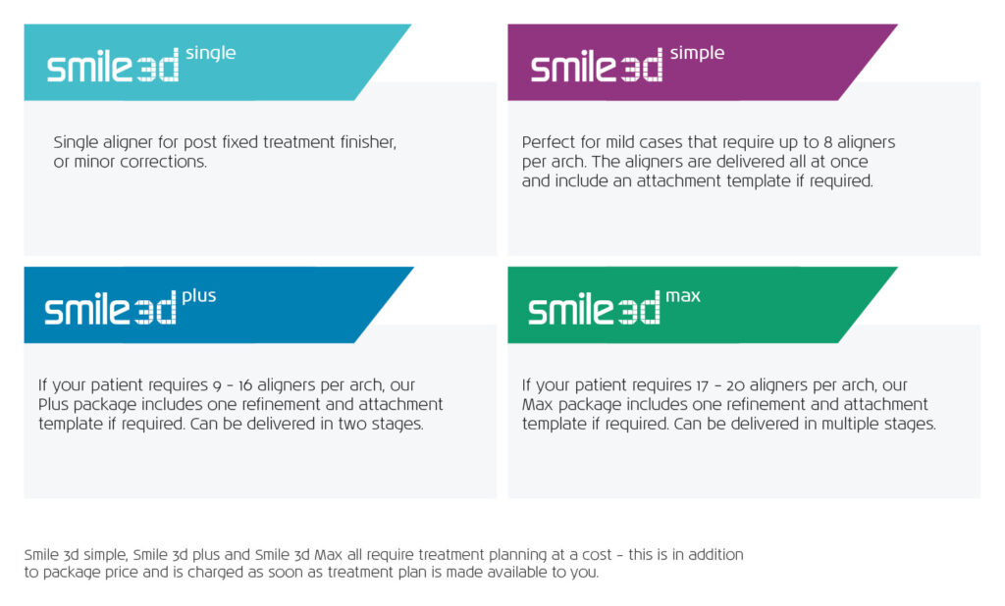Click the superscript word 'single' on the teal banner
(x=211, y=54)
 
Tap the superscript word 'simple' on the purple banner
(x=698, y=54)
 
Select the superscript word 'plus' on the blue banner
(x=199, y=296)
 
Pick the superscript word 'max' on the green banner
(x=683, y=296)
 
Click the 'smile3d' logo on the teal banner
(x=113, y=66)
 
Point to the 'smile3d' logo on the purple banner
(x=597, y=66)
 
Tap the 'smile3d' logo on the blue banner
(x=110, y=309)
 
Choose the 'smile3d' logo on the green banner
(x=594, y=309)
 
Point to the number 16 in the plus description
(x=244, y=385)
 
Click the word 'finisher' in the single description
(x=368, y=141)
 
